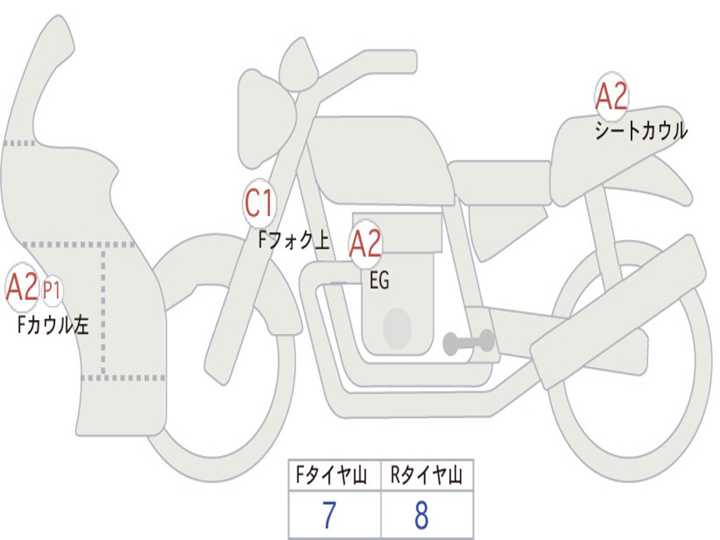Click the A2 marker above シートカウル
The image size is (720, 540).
(611, 96)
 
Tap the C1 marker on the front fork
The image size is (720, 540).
(259, 203)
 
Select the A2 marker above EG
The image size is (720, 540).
(366, 244)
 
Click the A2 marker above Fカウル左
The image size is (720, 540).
(22, 288)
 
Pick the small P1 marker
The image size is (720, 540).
(52, 290)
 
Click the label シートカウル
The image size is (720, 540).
(641, 130)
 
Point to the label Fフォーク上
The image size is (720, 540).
(294, 240)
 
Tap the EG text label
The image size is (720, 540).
(380, 280)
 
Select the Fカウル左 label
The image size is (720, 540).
(53, 325)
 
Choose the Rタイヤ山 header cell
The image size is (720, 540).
(427, 475)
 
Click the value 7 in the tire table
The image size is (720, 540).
(330, 515)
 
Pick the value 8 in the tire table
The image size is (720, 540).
(422, 515)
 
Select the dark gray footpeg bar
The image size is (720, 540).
(469, 342)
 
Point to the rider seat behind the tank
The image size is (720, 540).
(501, 183)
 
